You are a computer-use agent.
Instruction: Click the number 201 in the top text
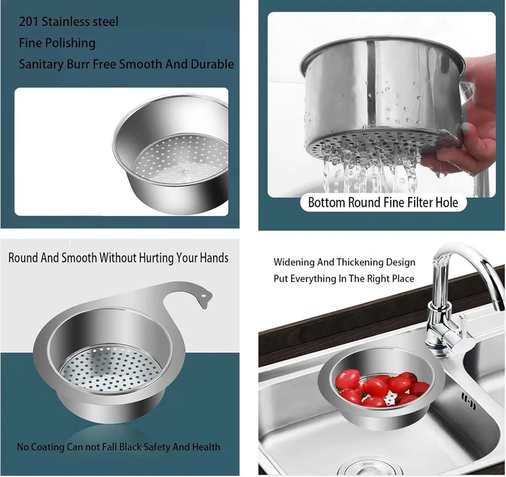coord(29,22)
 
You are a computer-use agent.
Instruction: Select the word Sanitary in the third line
coord(41,64)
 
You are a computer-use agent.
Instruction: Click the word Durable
coord(212,63)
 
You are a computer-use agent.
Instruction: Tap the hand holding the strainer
coord(465,120)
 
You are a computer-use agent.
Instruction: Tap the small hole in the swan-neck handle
coord(203,295)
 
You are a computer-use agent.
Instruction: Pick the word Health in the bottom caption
coord(206,447)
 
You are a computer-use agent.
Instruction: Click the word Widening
coord(294,262)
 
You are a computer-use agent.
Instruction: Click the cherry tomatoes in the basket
coord(381,388)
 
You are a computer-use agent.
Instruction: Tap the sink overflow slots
coord(469,401)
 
